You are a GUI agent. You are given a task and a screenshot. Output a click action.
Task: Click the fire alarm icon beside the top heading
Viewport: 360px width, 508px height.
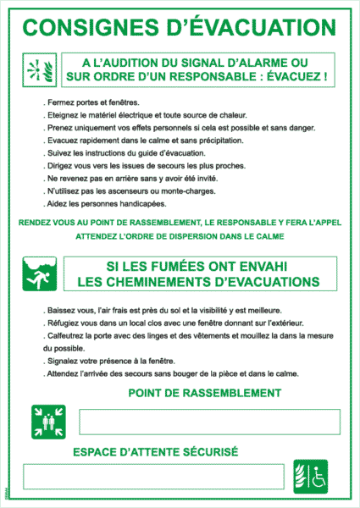click(39, 69)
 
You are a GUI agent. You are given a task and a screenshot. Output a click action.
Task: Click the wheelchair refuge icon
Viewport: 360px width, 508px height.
click(311, 475)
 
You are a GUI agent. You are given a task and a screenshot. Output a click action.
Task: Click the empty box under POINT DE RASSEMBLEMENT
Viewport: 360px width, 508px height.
click(209, 422)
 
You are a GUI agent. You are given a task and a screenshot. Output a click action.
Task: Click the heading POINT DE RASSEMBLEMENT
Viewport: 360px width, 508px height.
click(204, 393)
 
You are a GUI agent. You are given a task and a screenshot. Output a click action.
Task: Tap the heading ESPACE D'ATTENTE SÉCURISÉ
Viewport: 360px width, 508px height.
click(156, 452)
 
